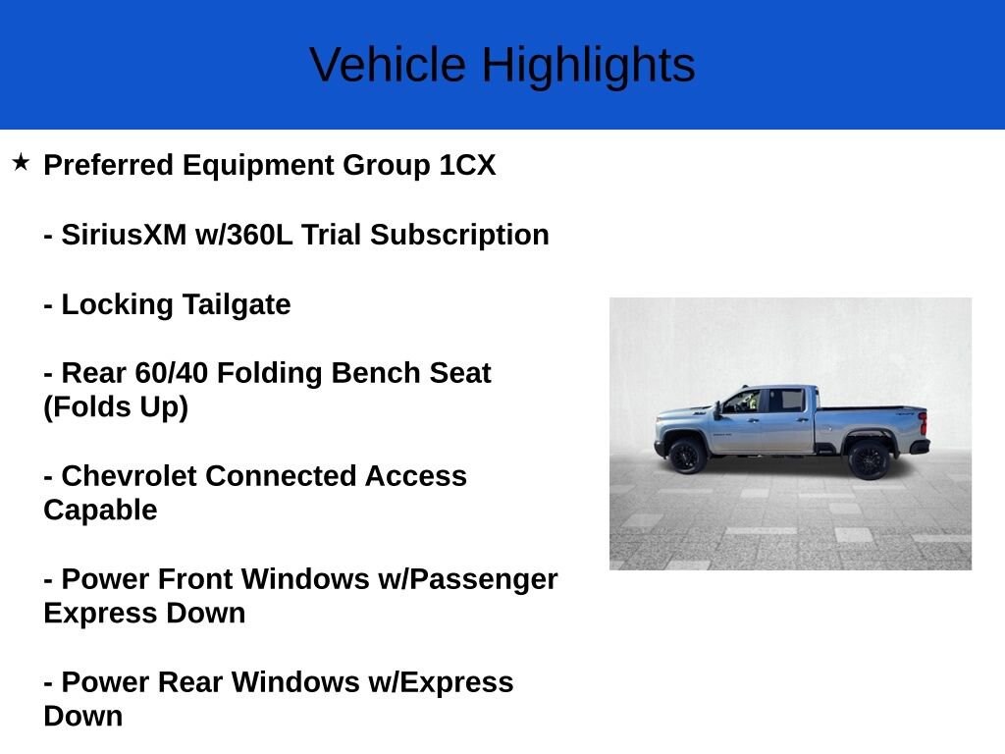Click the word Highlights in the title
[x=588, y=66]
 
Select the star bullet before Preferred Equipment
[x=21, y=162]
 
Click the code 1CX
[x=467, y=165]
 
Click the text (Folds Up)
[x=116, y=407]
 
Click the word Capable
[x=100, y=511]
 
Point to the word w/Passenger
[x=468, y=579]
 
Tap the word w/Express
[x=450, y=682]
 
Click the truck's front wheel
[x=687, y=456]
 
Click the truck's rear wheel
[x=869, y=458]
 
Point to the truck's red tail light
[x=922, y=423]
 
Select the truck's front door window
[x=744, y=401]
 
